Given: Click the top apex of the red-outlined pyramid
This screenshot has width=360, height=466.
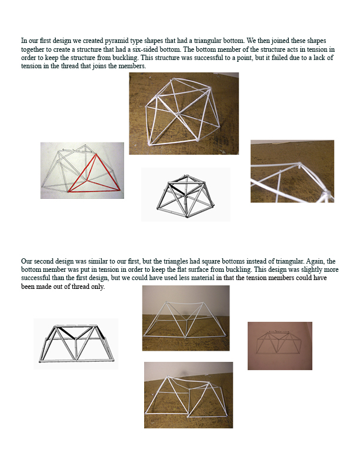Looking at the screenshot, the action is coord(96,154).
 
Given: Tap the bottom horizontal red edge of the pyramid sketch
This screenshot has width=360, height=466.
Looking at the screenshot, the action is coord(95,191).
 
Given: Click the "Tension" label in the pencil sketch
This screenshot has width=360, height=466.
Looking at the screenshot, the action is coord(278,331).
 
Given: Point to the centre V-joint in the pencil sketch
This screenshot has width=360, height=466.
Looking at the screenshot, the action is coord(279,340).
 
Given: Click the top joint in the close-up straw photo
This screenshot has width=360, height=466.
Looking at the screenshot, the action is coord(299,164).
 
